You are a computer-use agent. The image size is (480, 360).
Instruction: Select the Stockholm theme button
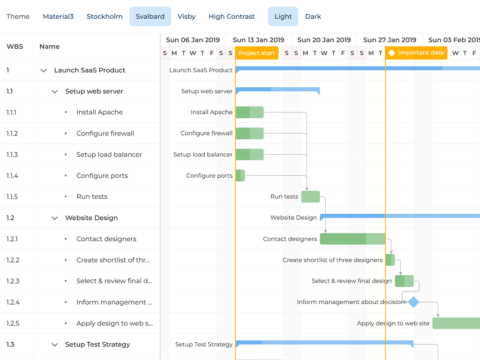[105, 16]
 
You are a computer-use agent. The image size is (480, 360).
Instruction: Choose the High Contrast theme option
[232, 16]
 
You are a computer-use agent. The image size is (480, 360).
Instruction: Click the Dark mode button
[313, 16]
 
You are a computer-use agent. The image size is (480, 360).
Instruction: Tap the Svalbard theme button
[150, 16]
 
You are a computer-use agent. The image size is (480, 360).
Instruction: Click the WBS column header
[15, 46]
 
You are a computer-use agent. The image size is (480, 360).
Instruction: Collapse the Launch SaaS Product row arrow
[44, 70]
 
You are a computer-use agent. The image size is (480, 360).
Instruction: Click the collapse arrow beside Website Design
[55, 218]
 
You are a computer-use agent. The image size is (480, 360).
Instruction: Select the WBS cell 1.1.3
[12, 155]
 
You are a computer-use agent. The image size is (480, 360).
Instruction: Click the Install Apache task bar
[249, 112]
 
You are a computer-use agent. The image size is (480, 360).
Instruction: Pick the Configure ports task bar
[240, 176]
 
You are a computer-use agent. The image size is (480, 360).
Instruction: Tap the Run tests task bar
[310, 197]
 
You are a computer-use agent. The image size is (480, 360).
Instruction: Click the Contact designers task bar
[352, 239]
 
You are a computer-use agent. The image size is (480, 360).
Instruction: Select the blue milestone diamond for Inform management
[413, 302]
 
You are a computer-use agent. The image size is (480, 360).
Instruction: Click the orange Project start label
[256, 53]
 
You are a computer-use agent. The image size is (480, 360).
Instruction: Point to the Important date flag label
[416, 53]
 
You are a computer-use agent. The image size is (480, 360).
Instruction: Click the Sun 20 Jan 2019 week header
[324, 40]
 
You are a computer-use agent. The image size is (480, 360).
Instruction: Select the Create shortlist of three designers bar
[390, 260]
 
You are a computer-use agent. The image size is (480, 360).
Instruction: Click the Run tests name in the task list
[92, 197]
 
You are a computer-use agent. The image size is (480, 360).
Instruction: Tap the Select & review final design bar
[404, 281]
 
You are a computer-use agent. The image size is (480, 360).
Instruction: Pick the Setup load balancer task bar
[249, 155]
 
